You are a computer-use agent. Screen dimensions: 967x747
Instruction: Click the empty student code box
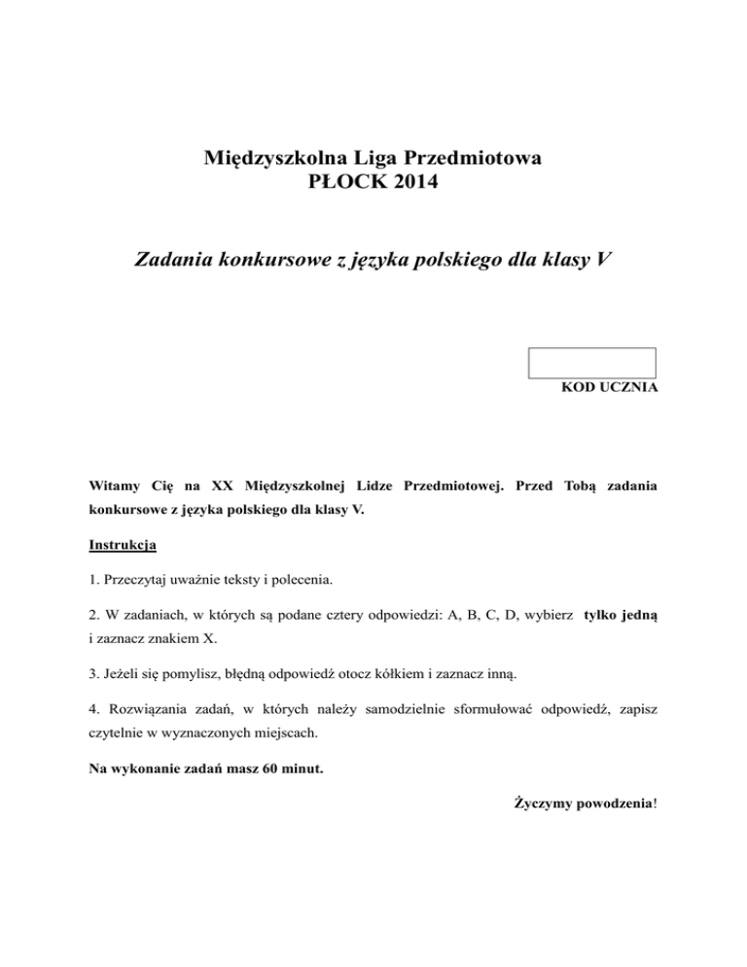[x=591, y=363]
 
